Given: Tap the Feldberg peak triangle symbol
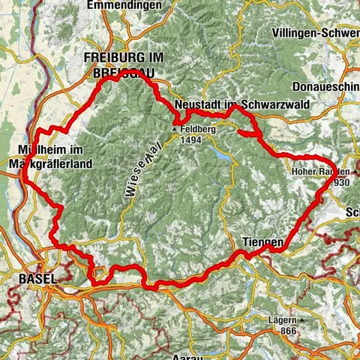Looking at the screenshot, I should coord(175,130).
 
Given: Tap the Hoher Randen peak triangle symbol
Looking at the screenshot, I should coord(339,172).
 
